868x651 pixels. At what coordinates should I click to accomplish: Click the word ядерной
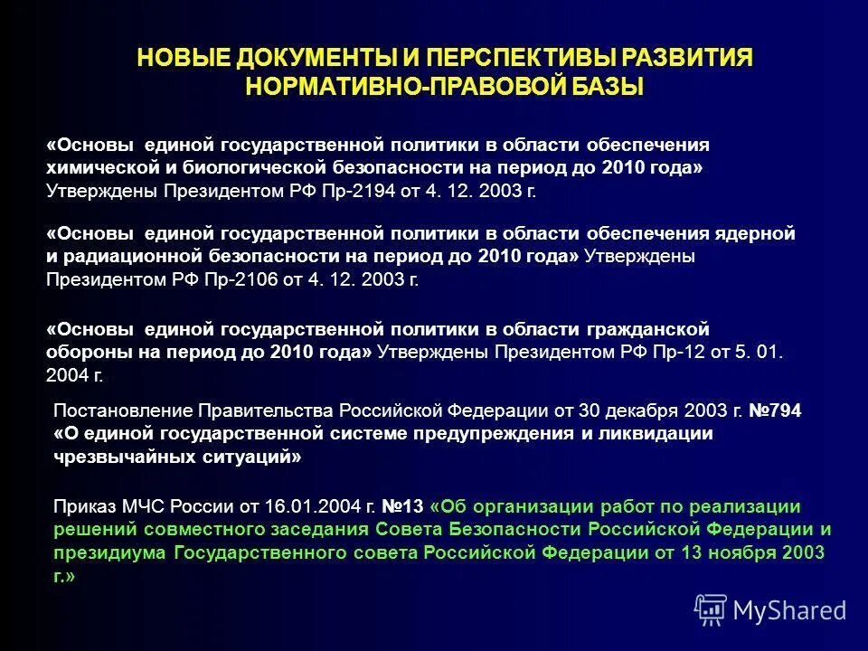758,233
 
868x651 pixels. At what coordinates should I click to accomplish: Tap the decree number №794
774,410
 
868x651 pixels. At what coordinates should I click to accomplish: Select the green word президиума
110,552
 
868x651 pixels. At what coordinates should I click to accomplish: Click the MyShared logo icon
711,610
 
